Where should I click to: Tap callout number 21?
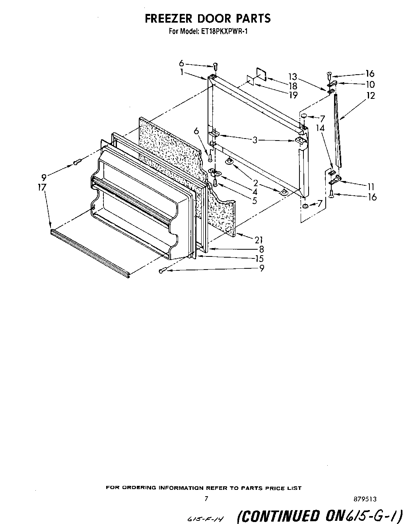[259, 239]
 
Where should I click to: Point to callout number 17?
[42, 187]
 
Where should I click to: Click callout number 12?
[370, 95]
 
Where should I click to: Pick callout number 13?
[293, 77]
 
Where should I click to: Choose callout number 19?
[293, 95]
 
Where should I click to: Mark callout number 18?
[293, 86]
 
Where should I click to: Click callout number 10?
[370, 84]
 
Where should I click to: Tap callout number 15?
[259, 258]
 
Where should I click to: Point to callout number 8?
[261, 249]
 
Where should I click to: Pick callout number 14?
[321, 128]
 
